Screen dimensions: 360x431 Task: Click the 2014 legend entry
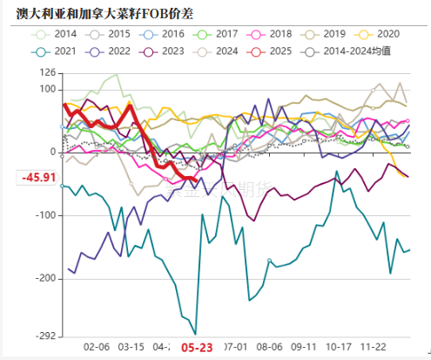54,33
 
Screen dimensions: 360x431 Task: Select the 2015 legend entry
110,33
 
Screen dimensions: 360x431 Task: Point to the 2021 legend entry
54,51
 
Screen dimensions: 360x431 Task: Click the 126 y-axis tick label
47,73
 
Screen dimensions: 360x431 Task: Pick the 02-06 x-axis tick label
96,346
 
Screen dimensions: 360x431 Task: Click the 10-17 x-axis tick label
339,346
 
